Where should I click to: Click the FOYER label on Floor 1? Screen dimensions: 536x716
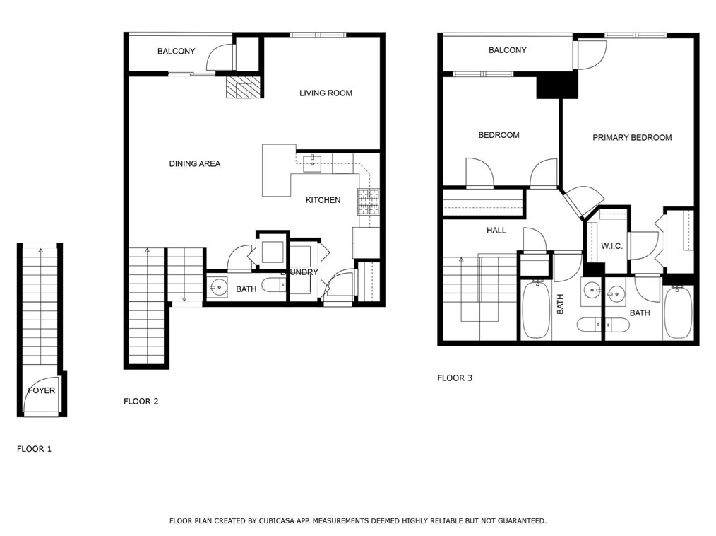pos(41,390)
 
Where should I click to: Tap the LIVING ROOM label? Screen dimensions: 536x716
pos(326,93)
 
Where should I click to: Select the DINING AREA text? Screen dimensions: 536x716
pos(195,164)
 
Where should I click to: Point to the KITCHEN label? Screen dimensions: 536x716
pos(323,200)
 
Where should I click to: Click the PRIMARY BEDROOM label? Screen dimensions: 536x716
pos(632,138)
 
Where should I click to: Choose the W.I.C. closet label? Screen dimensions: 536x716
pos(611,246)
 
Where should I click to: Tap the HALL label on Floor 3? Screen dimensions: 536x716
pos(496,231)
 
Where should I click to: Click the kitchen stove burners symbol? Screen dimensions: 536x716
pos(369,202)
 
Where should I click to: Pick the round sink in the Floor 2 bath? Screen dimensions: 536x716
pos(218,287)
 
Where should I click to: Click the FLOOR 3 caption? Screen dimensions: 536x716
pos(455,378)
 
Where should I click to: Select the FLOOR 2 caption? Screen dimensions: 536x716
pos(141,402)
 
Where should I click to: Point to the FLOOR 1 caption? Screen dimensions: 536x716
pos(35,449)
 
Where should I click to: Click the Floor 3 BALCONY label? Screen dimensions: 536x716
pos(507,50)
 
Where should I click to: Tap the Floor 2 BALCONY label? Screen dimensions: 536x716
pos(176,52)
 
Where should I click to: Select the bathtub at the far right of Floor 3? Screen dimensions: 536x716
pos(677,312)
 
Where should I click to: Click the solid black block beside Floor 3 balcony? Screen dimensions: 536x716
pos(557,86)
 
